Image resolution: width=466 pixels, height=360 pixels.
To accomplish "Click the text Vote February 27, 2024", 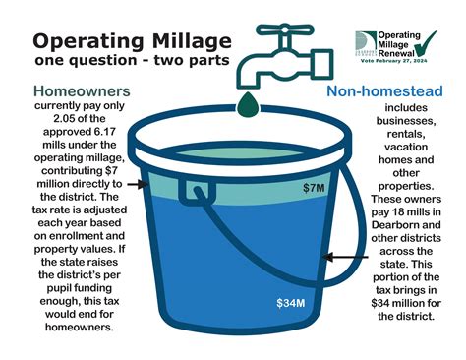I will pos(398,61).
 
